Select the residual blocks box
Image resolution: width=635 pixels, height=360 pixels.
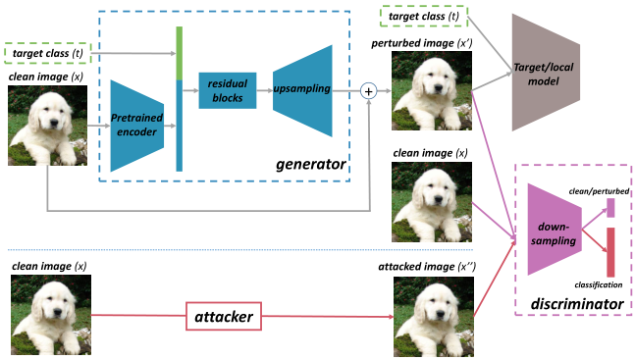pyautogui.click(x=227, y=90)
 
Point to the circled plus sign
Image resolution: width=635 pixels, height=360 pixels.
pyautogui.click(x=369, y=90)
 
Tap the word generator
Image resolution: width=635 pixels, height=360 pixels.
pyautogui.click(x=312, y=164)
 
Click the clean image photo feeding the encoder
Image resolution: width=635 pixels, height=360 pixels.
pyautogui.click(x=47, y=125)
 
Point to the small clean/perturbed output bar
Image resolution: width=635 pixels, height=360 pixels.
pyautogui.click(x=610, y=207)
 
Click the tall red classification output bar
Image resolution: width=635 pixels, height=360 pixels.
pyautogui.click(x=610, y=251)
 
